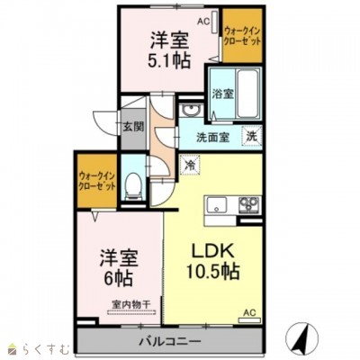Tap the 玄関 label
click(x=132, y=126)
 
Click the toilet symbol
click(x=132, y=187)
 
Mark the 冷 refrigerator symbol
click(x=190, y=164)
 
